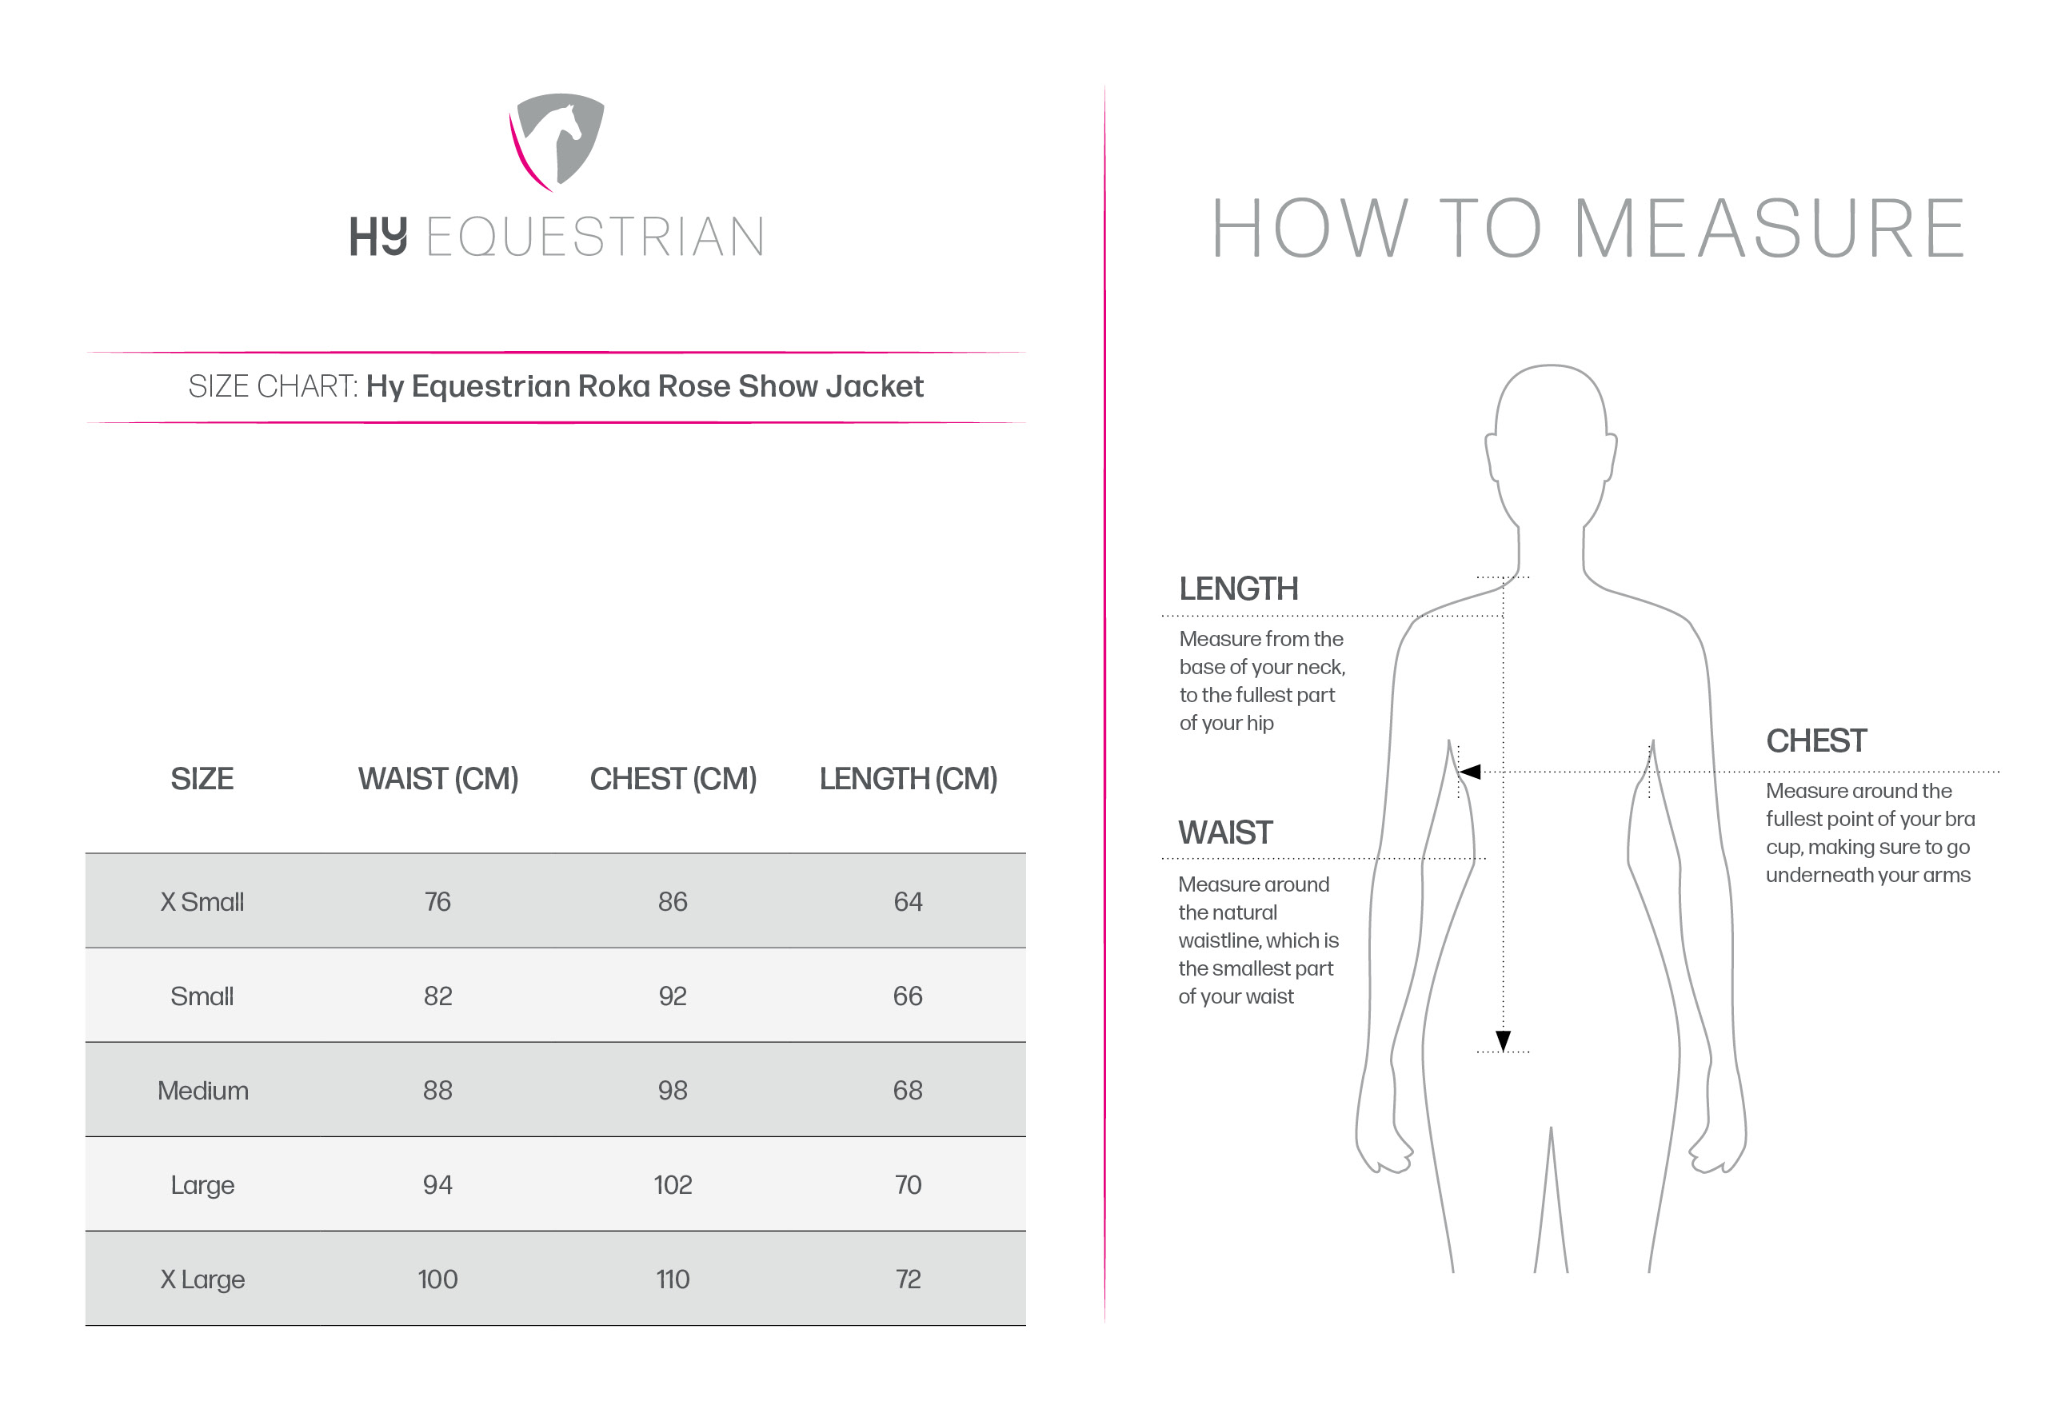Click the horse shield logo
tap(558, 141)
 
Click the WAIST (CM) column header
tap(438, 779)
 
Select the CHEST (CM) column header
tap(673, 779)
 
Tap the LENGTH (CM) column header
tap(908, 779)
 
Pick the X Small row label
tap(202, 902)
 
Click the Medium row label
tap(203, 1091)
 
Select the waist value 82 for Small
tap(438, 996)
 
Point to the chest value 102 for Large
tap(673, 1184)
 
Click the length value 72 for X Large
tap(908, 1279)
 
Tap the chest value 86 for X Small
tap(673, 902)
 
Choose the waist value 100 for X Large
tap(438, 1279)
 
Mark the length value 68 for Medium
tap(908, 1091)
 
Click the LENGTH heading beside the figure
tap(1238, 589)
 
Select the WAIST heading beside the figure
tap(1225, 833)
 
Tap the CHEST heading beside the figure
tap(1816, 740)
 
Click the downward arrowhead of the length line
tap(1503, 1040)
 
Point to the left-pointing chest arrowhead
tap(1470, 772)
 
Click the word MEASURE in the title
tap(1769, 229)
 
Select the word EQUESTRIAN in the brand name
tap(595, 237)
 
